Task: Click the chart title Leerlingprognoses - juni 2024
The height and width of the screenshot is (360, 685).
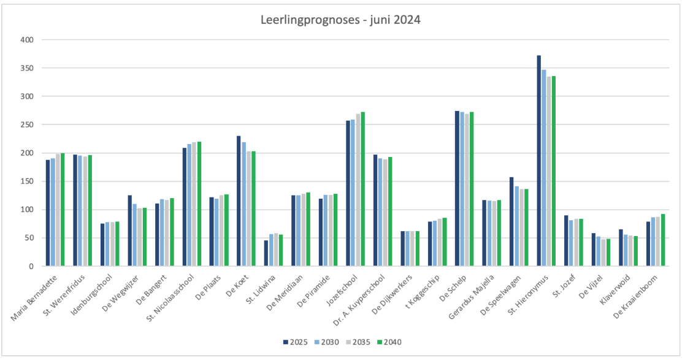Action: [341, 20]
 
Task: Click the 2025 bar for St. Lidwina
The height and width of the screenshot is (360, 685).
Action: [266, 253]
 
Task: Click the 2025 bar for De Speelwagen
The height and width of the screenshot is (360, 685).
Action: [511, 221]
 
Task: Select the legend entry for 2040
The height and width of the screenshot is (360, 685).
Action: [389, 342]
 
